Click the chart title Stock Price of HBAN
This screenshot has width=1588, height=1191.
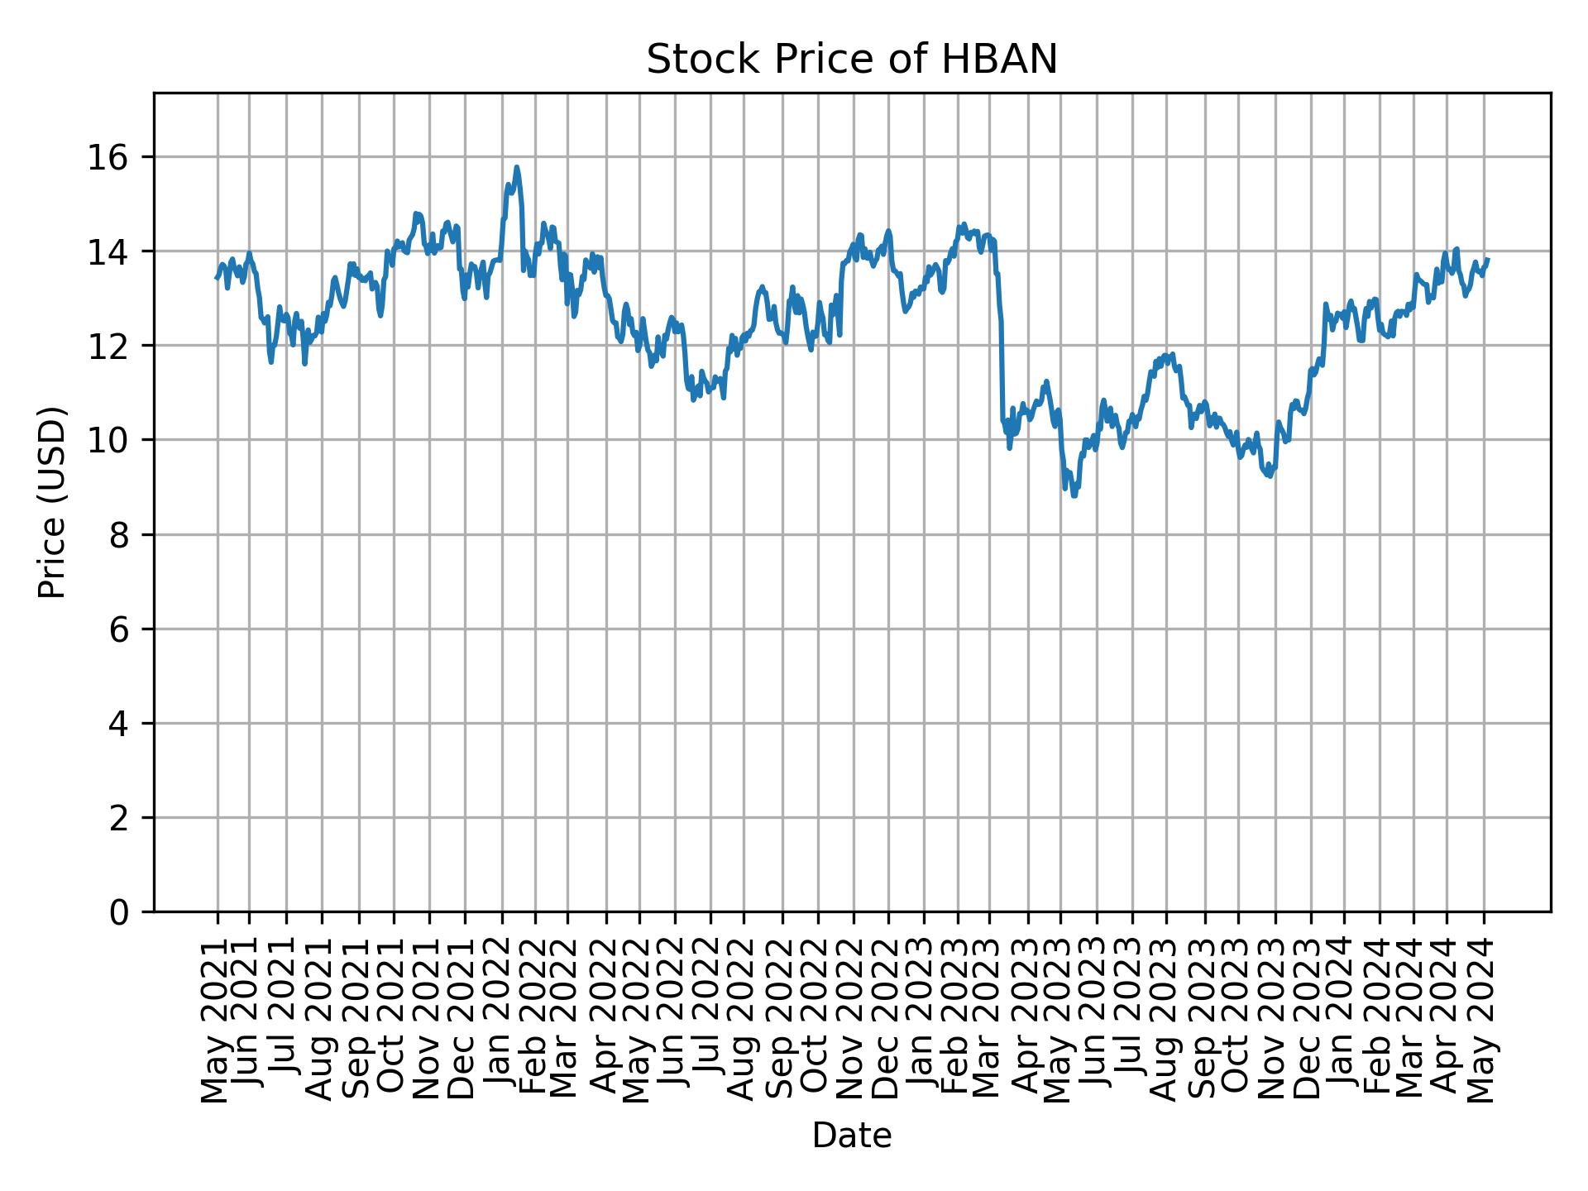click(851, 60)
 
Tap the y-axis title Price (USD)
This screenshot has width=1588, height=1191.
click(52, 502)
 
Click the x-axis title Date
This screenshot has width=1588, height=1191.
click(851, 1136)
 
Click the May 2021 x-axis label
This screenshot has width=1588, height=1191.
click(218, 1021)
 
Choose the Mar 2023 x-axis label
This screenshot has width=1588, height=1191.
click(989, 1021)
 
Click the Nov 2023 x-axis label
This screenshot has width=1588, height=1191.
click(1275, 1021)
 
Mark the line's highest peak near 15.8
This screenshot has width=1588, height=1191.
click(516, 167)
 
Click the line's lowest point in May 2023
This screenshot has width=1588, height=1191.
click(1074, 495)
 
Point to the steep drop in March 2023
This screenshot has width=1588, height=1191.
click(1001, 347)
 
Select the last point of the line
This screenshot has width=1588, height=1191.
click(1488, 260)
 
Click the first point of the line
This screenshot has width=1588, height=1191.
click(217, 278)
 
